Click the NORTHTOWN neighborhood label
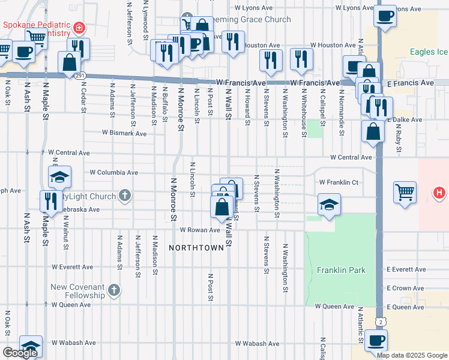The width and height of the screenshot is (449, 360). click(x=191, y=247)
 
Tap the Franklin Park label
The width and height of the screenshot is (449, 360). click(x=342, y=271)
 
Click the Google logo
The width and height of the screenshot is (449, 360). click(x=20, y=353)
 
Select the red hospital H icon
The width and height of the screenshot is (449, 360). click(x=440, y=193)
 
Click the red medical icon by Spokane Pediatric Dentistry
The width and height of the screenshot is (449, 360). click(x=79, y=28)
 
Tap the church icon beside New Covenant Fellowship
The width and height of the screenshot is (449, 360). click(x=115, y=292)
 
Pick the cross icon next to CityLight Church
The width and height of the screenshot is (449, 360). click(x=124, y=196)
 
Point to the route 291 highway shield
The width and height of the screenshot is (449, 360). click(x=79, y=76)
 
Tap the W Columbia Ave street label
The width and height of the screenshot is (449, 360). click(x=113, y=172)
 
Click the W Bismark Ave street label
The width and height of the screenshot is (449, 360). click(x=124, y=133)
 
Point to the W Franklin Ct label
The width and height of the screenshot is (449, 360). click(x=338, y=182)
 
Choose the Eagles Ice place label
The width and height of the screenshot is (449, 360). click(x=429, y=52)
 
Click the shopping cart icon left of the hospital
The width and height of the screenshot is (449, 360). click(x=405, y=193)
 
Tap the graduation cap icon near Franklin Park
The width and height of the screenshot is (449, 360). click(x=329, y=205)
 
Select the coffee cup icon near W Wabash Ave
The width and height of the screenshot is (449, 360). click(x=376, y=341)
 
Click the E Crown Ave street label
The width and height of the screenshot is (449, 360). click(x=406, y=288)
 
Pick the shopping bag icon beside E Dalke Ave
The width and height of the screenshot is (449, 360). click(x=373, y=132)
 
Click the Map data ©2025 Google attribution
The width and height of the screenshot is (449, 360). click(x=412, y=355)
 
